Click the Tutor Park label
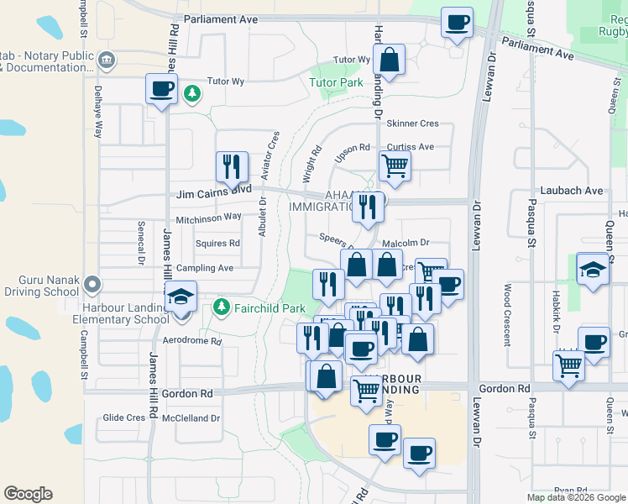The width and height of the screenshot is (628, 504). pos(336,82)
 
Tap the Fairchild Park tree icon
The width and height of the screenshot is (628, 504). pos(221,307)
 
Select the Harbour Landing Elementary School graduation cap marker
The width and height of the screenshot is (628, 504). pos(181,300)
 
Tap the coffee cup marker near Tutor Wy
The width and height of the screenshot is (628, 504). pos(161,88)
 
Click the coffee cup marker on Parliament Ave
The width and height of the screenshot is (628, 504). pos(457,23)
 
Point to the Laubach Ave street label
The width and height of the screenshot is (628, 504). pos(573,191)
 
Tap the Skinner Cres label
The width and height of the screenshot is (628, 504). pos(413,123)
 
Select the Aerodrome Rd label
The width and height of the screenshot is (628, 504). pos(191,341)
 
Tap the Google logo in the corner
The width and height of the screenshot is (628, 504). pos(28,494)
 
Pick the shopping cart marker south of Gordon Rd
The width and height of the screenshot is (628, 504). pos(365,390)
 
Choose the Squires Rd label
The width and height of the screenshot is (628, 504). pos(217,244)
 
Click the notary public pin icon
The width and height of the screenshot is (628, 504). pos(107,60)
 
